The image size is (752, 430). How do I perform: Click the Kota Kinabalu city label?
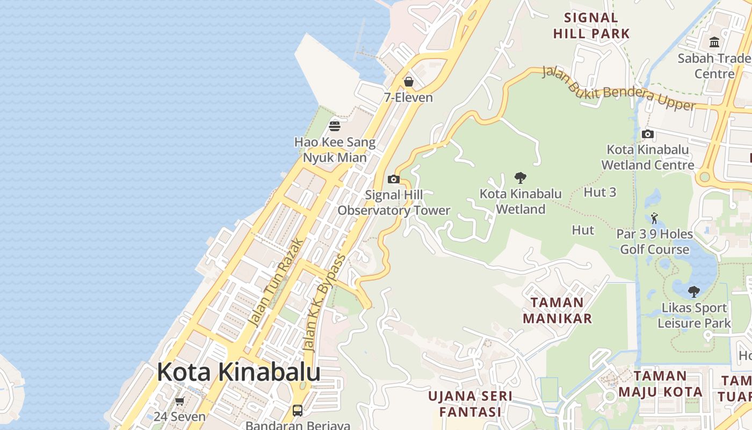point(238,372)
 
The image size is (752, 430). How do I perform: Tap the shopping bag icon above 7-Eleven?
point(409,82)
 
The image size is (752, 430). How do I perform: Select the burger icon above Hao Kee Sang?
point(335,126)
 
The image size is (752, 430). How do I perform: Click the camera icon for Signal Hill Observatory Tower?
point(394,179)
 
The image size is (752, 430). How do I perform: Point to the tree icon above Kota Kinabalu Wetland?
point(520,177)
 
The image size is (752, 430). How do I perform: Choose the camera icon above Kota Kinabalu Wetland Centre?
point(648,134)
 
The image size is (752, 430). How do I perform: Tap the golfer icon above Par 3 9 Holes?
point(654,218)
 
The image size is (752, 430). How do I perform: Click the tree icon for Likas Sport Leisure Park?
point(694,292)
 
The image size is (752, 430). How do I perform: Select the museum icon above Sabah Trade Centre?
point(714,42)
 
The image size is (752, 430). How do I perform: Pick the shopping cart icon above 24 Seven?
point(179,401)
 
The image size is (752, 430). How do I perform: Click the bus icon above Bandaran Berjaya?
point(298,411)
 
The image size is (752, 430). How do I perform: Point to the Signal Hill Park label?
point(591,26)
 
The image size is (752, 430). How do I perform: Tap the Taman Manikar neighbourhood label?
point(557,310)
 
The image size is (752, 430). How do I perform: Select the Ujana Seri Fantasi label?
point(470,404)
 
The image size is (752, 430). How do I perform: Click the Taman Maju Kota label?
point(660,384)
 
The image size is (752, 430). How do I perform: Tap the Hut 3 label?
point(600,192)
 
